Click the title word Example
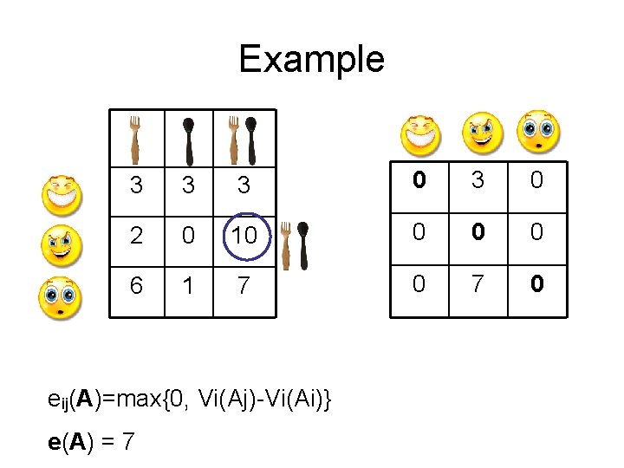pos(311,59)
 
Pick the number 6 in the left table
pos(136,285)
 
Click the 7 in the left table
pos(244,285)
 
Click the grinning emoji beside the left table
pos(62,194)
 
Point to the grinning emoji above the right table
pos(420,134)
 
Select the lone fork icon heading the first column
pos(134,139)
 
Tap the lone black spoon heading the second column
pos(190,139)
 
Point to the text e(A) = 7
pos(91,441)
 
